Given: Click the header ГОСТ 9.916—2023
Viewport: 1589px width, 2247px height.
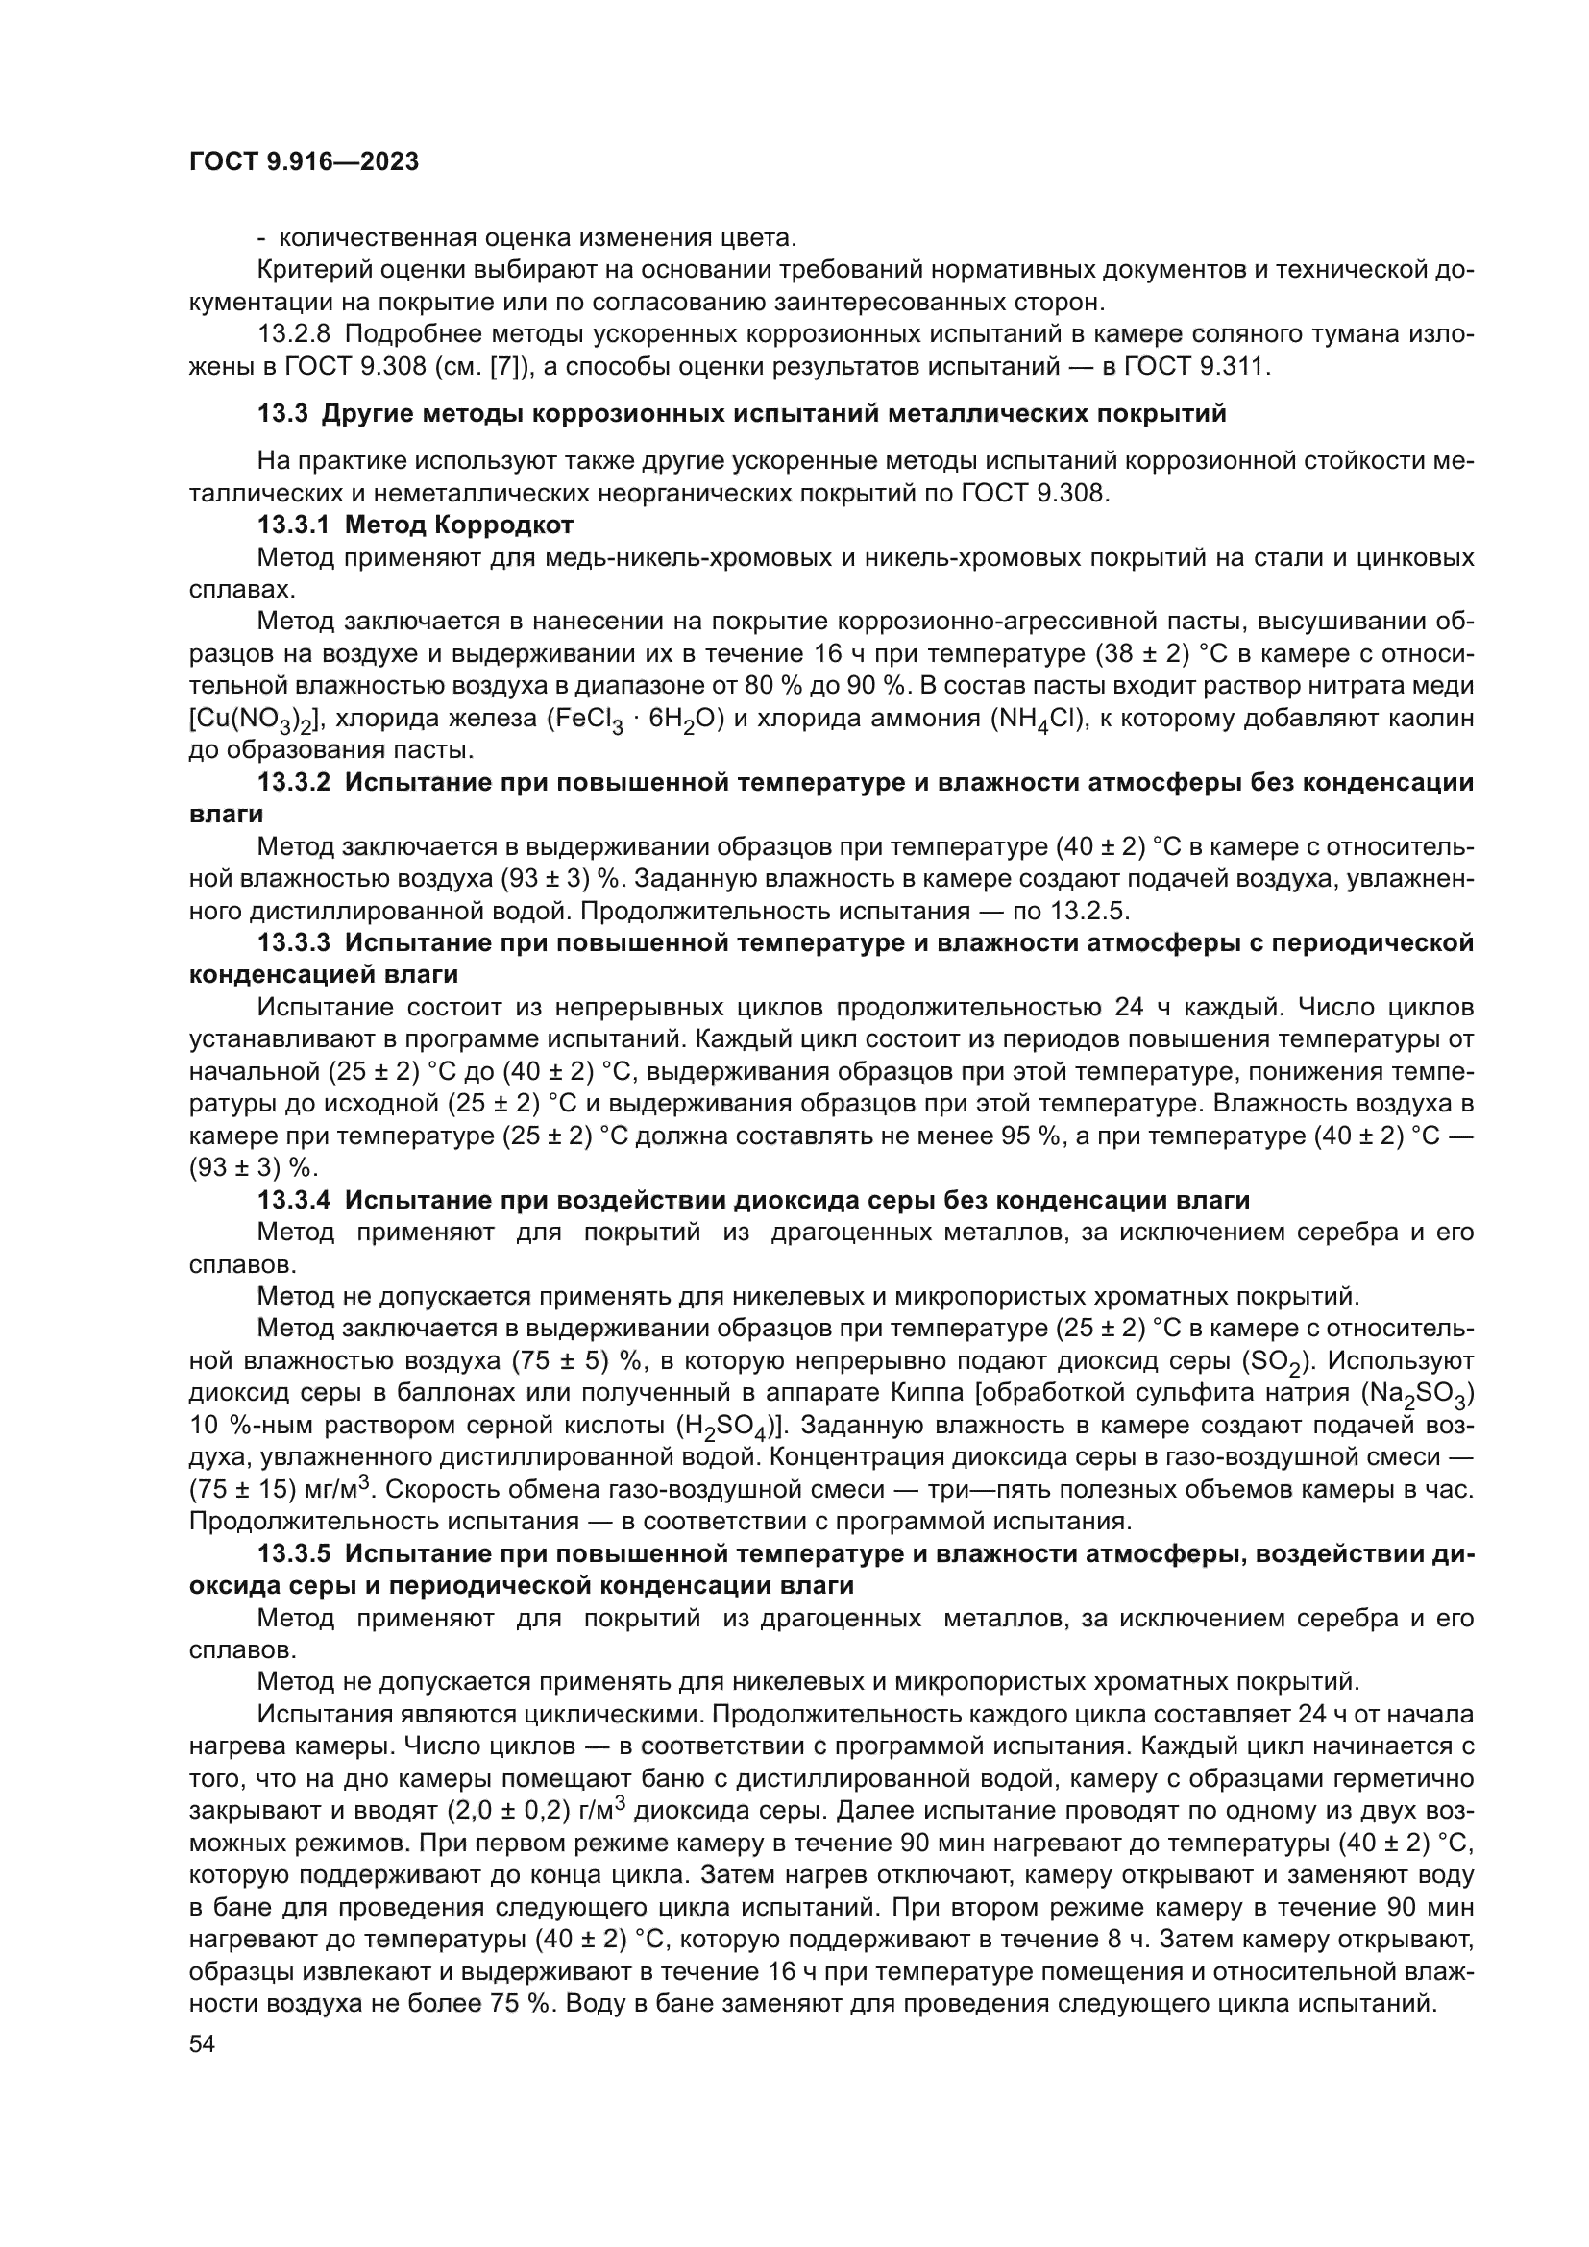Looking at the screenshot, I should [x=304, y=162].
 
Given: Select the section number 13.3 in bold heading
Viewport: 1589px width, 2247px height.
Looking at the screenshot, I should [x=283, y=414].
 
